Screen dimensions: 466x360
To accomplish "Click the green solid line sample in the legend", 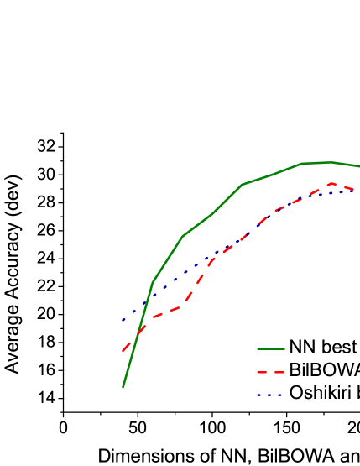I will coord(270,348).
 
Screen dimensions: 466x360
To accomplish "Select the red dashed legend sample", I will coord(270,372).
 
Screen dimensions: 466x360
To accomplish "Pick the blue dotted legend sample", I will coord(269,395).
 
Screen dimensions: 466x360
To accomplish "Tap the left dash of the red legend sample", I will coord(261,372).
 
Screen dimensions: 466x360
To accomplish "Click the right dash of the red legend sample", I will coord(279,372).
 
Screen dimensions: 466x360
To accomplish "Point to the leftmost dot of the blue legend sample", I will coord(258,395).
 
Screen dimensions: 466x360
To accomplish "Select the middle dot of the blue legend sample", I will coord(269,395).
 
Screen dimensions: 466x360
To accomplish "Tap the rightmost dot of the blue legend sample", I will coord(279,395).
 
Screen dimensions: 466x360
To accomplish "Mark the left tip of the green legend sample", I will coord(257,348).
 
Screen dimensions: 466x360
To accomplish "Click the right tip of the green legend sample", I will coord(284,348).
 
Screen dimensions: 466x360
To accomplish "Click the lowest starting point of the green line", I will coord(123,387).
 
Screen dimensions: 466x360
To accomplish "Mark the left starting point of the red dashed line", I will coord(123,351).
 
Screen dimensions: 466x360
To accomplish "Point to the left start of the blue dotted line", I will coord(123,320).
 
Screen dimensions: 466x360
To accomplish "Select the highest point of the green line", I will coord(332,162).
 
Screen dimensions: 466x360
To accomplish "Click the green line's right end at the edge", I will coord(359,166).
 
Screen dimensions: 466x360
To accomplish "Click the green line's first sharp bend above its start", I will coord(153,282).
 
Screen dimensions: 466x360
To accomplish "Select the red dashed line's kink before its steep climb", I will coord(181,306).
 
